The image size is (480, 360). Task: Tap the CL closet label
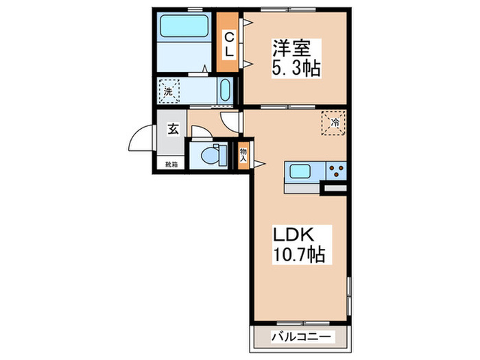tap(230, 43)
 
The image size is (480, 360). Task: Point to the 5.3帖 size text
tap(297, 69)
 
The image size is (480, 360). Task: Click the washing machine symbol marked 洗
tap(168, 90)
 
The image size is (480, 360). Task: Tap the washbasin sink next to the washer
tap(224, 91)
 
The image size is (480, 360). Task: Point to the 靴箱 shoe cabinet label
tap(171, 165)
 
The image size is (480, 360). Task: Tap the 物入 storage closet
tap(243, 154)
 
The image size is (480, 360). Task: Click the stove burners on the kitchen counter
tap(336, 169)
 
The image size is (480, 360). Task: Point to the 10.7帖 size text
tap(300, 255)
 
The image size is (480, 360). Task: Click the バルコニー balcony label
tap(302, 337)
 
